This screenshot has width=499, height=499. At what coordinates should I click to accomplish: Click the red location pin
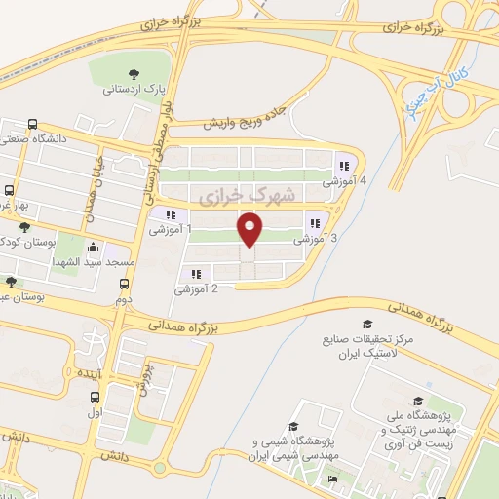click(250, 230)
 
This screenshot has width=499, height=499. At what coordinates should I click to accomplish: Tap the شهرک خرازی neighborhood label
click(232, 197)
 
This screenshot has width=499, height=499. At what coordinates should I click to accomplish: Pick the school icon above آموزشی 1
click(171, 215)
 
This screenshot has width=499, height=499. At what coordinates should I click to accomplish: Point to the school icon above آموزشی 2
click(196, 275)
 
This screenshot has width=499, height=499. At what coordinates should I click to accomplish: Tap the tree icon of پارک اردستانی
click(134, 74)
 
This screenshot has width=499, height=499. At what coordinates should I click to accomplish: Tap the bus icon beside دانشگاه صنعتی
click(33, 125)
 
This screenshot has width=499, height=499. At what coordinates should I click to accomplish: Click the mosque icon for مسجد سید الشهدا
click(93, 248)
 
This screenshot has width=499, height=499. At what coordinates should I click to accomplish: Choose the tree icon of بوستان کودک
click(24, 226)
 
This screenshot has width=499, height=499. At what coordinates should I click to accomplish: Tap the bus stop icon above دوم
click(123, 285)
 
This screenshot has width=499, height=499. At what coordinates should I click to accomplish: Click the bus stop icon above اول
click(96, 397)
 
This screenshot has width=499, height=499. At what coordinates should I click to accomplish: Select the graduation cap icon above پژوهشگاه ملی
click(418, 401)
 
